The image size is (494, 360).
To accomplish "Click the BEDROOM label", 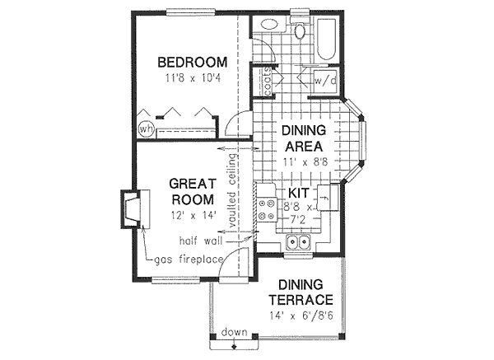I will coord(192,62).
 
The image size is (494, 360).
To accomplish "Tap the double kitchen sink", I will coord(296,242).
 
